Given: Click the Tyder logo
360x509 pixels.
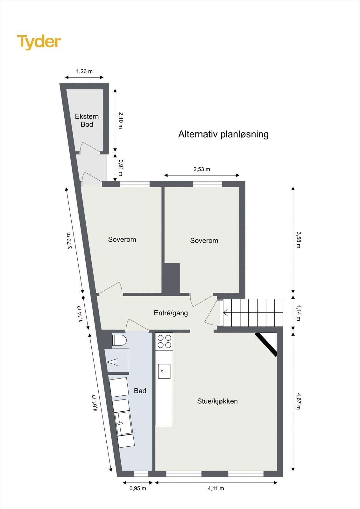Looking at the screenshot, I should (39, 42).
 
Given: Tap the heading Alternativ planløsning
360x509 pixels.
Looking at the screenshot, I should (223, 134).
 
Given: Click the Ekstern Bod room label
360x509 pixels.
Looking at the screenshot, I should (87, 120).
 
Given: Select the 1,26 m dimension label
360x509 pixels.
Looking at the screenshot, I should (84, 71).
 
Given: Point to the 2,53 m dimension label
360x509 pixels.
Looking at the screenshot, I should (201, 169).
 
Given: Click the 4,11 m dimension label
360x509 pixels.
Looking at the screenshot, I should (216, 488).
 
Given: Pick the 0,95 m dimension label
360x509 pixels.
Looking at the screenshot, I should (138, 488).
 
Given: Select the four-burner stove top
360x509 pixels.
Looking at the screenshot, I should (164, 341).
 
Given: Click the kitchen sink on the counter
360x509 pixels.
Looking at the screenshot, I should (164, 371).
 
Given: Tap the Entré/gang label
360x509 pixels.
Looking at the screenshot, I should (171, 313).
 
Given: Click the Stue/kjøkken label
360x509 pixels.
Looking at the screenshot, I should (217, 401).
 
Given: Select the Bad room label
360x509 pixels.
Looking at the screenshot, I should (140, 391).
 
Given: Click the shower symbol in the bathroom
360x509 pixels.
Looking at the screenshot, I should (112, 362).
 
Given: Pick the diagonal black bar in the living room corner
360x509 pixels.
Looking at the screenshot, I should (266, 345).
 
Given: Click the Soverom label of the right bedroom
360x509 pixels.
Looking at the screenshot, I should (204, 241).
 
